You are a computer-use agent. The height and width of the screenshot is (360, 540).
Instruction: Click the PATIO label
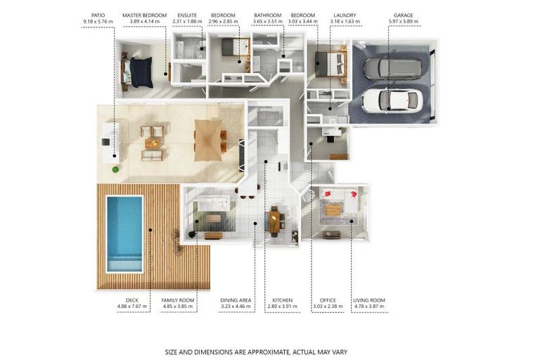(x=98, y=15)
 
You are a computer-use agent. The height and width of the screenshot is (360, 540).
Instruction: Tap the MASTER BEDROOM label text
(x=145, y=15)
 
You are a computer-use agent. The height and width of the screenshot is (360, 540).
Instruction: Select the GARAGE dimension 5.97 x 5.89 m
(x=404, y=21)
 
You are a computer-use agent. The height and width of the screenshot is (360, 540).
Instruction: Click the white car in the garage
(x=392, y=101)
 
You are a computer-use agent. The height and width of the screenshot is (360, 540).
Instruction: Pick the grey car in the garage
(x=393, y=69)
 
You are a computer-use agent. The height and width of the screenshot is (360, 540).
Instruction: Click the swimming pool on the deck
(x=124, y=233)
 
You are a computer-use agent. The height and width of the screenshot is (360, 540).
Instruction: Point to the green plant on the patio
(x=115, y=169)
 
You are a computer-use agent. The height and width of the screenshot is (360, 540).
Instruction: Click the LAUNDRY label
(x=345, y=15)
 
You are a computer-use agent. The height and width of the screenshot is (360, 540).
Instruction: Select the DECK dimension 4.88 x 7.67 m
(x=132, y=307)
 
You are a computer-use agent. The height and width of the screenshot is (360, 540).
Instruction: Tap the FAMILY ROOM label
(x=178, y=300)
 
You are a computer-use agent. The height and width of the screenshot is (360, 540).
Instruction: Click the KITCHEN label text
(x=283, y=300)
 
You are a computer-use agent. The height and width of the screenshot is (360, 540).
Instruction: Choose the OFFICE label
(x=328, y=300)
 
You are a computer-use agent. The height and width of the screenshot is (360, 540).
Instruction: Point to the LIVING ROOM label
(x=369, y=300)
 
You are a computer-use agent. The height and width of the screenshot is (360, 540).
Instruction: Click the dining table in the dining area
(x=274, y=221)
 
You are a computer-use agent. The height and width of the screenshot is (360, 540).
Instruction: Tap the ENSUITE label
(x=187, y=15)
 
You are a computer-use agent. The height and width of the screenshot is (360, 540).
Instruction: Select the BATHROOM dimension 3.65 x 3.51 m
(x=268, y=21)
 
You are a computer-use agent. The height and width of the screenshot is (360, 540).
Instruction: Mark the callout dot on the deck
(x=150, y=230)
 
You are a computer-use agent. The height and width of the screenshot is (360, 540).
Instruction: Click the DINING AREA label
(x=236, y=300)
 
